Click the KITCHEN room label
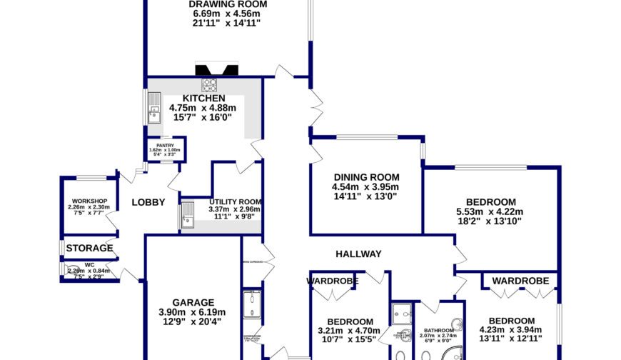coord(203,99)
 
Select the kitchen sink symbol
coord(154,107)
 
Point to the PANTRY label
coord(166,146)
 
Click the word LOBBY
coord(148,202)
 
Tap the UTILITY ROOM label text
coord(235,202)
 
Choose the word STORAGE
coord(90,248)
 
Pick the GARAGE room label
coord(193,302)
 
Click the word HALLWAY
coord(359,254)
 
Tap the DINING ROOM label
coord(365,177)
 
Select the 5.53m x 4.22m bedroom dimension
coord(490,211)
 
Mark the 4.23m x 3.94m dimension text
coord(512,329)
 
